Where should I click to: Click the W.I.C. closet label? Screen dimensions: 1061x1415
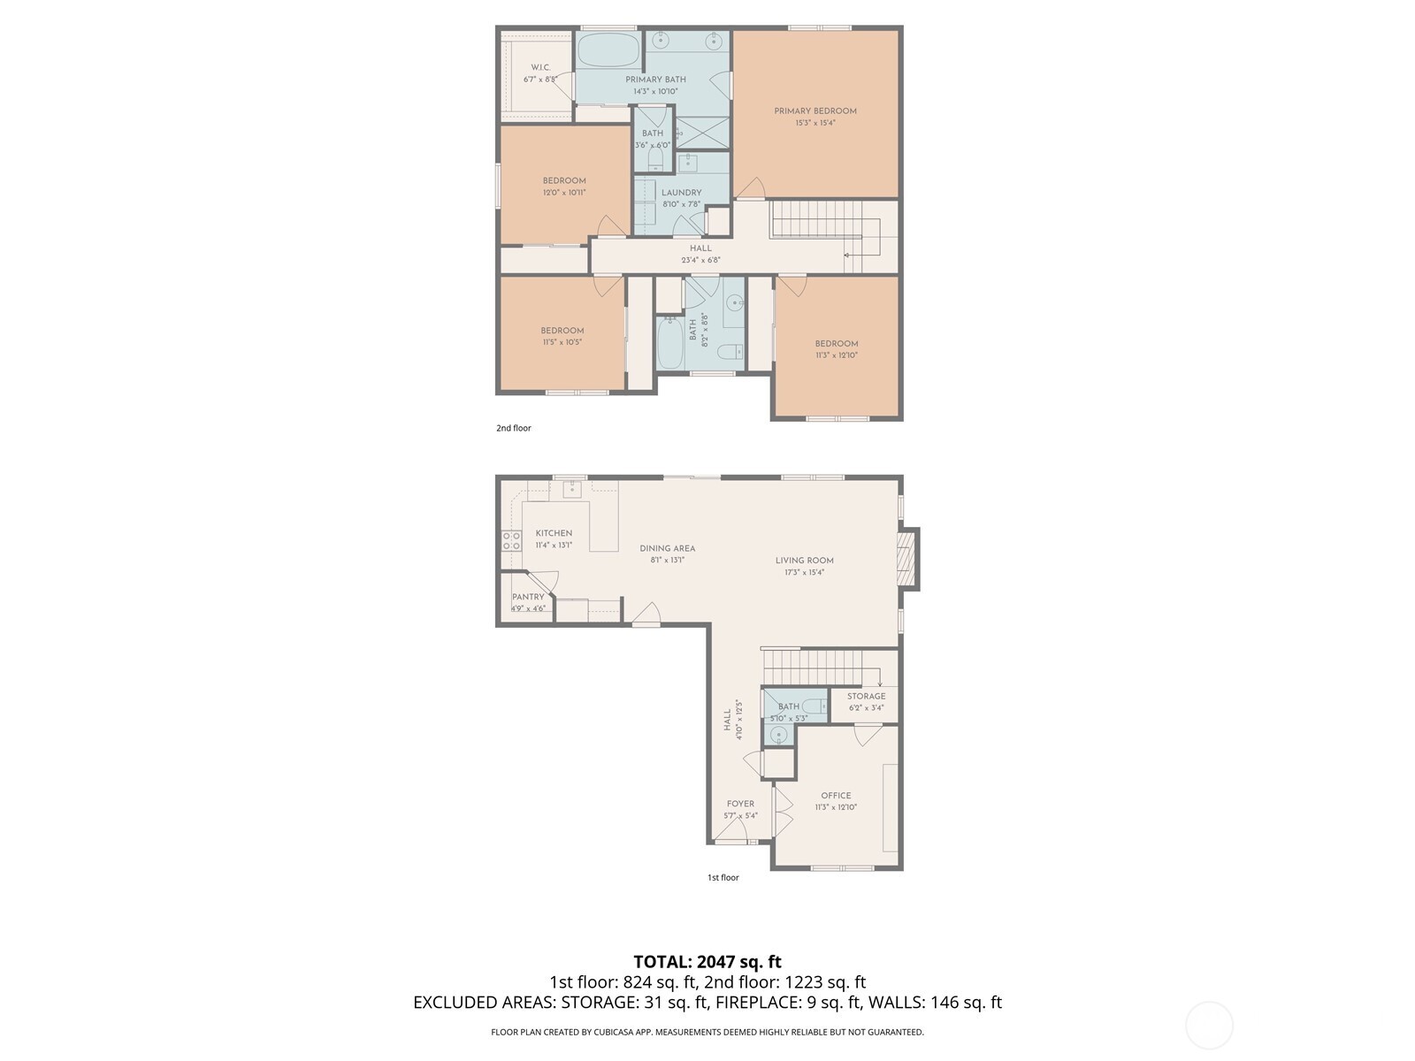click(539, 68)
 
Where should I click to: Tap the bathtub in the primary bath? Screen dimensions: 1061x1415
click(608, 50)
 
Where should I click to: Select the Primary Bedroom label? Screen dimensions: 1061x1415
click(815, 111)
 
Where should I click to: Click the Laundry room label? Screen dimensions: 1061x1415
click(681, 193)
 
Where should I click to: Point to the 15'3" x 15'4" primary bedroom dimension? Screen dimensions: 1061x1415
click(815, 124)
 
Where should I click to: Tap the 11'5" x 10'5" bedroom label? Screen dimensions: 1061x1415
click(562, 331)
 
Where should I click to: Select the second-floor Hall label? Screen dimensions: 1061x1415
click(700, 248)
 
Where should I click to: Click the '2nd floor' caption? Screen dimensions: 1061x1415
click(513, 428)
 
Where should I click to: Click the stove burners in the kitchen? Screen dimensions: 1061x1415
click(511, 541)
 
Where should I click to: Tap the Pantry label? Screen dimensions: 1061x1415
click(528, 597)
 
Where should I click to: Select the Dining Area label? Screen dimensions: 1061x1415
click(667, 548)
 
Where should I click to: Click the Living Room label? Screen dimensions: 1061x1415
click(804, 561)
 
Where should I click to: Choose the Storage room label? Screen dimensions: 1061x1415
click(866, 697)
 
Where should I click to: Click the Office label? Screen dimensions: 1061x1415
click(836, 796)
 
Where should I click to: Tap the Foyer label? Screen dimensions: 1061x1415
click(740, 805)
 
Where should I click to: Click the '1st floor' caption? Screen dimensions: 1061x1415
click(723, 878)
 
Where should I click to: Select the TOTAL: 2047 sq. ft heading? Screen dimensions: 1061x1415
click(707, 962)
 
